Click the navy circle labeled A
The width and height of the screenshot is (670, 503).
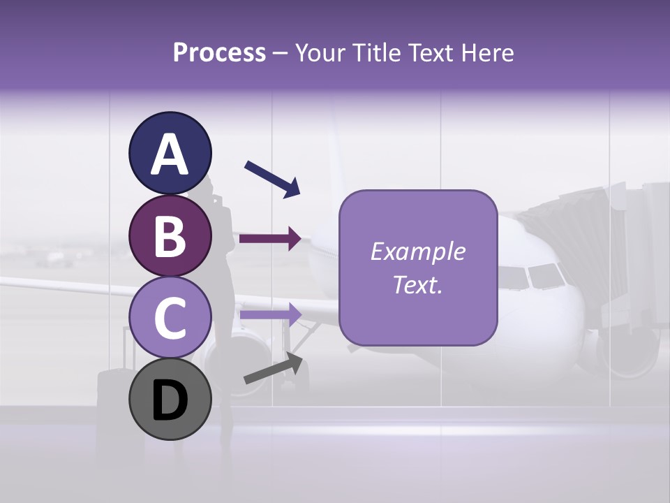tap(170, 153)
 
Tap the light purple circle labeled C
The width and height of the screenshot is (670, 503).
tap(170, 317)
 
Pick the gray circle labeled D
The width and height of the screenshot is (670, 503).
tap(170, 400)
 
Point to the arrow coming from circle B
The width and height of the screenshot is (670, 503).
tap(270, 238)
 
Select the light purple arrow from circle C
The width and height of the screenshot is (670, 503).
tap(270, 315)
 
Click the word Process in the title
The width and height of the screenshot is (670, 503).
tap(219, 53)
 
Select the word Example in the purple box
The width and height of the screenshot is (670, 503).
tap(417, 251)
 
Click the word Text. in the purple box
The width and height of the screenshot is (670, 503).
tap(417, 285)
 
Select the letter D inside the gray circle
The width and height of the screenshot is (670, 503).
tap(170, 401)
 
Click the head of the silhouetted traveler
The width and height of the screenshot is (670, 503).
tap(209, 189)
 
